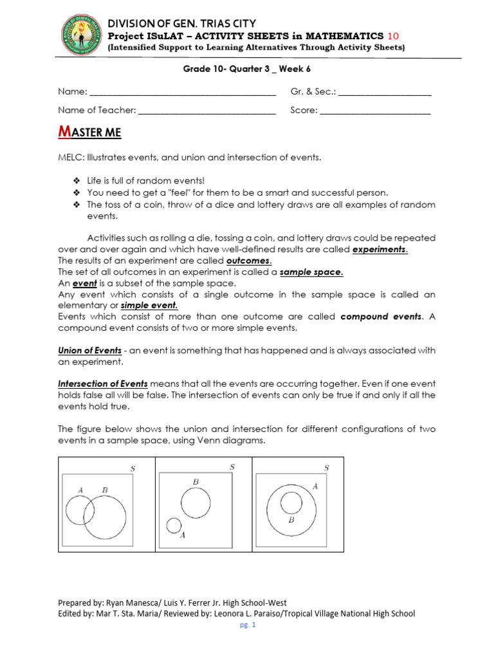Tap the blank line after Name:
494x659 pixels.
click(x=183, y=93)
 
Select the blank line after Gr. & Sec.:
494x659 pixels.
click(x=384, y=93)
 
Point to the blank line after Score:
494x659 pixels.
click(x=375, y=111)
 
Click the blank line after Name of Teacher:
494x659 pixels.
click(x=206, y=111)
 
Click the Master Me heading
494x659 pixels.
click(x=89, y=133)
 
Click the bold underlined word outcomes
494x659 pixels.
click(x=249, y=261)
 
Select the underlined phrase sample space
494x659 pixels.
click(x=311, y=272)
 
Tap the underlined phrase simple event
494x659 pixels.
click(x=149, y=305)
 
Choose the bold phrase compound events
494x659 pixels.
click(x=381, y=317)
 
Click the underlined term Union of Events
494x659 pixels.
click(x=89, y=350)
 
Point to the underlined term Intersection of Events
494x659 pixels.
click(x=103, y=384)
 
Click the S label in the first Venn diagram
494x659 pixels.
click(x=133, y=469)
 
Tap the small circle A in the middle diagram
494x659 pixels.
click(x=174, y=525)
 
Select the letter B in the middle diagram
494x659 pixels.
click(x=196, y=481)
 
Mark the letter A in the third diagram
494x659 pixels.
click(x=315, y=487)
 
